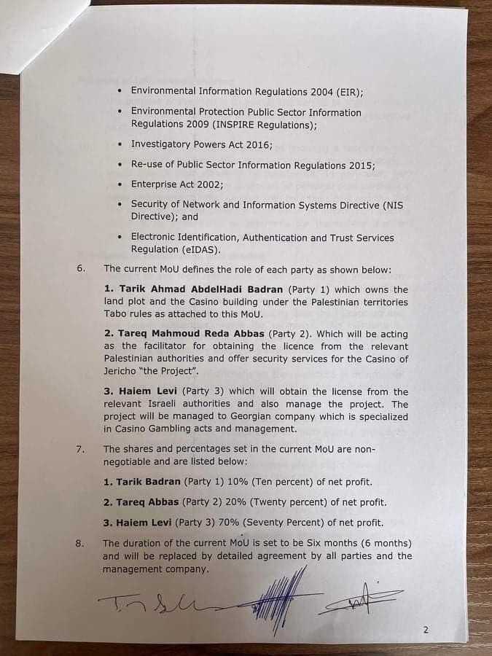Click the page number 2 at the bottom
(x=426, y=630)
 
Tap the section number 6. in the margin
(x=81, y=268)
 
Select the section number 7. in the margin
(x=81, y=449)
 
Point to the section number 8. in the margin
(x=81, y=543)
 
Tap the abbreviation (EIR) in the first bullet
(x=349, y=91)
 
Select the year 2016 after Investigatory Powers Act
(x=258, y=144)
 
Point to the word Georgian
(x=250, y=417)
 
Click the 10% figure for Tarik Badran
(x=217, y=482)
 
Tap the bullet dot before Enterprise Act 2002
(x=120, y=185)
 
